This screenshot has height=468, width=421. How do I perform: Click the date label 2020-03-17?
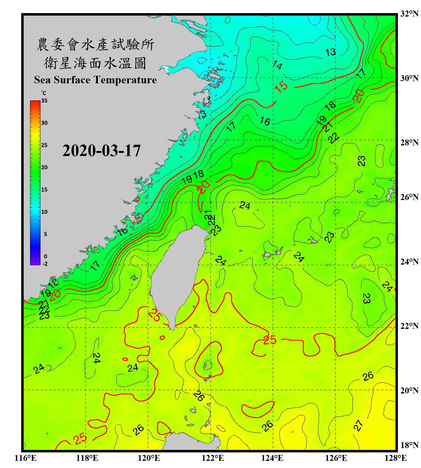(x=101, y=151)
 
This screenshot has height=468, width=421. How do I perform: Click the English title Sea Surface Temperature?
(x=95, y=80)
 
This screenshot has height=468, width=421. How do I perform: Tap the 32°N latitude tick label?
(x=409, y=14)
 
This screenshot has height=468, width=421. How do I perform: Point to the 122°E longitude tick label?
(x=213, y=458)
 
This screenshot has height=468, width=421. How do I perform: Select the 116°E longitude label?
(x=26, y=458)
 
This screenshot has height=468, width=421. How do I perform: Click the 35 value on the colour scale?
(x=44, y=100)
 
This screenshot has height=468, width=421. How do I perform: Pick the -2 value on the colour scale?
(x=45, y=264)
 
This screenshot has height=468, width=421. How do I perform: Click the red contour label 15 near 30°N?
(x=281, y=86)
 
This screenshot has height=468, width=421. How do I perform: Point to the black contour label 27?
(x=358, y=425)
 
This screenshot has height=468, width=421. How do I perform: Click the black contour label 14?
(x=277, y=65)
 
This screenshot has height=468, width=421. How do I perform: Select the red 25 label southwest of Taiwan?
(x=155, y=314)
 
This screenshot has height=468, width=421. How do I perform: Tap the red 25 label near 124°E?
(x=269, y=340)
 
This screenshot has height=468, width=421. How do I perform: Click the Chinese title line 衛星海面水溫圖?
(x=95, y=63)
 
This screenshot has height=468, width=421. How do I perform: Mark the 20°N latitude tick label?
(x=409, y=390)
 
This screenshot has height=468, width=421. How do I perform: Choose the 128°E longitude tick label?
(x=395, y=458)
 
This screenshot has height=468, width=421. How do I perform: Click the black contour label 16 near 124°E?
(x=265, y=121)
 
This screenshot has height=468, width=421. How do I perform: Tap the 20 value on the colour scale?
(x=44, y=167)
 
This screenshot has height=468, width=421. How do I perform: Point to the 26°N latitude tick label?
(x=409, y=197)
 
